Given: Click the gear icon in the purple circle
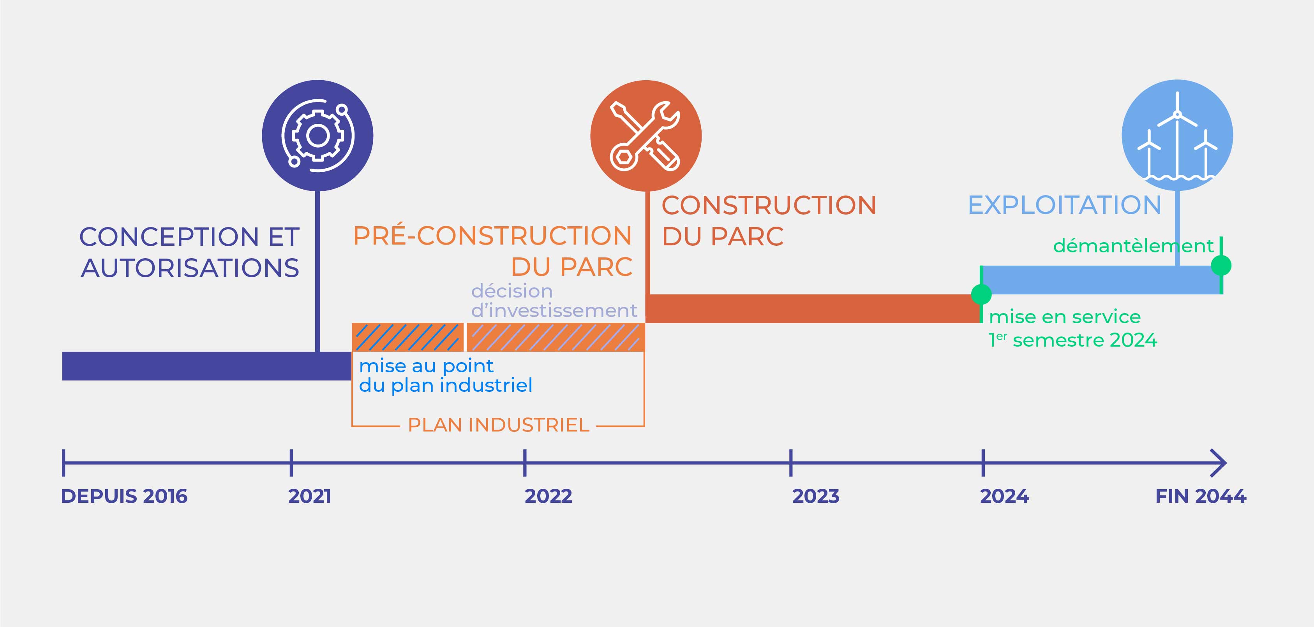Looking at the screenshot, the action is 317,136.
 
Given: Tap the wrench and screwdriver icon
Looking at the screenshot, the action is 645,136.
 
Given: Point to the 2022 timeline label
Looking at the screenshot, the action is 549,496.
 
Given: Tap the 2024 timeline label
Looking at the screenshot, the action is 1004,496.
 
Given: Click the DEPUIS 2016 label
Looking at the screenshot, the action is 124,496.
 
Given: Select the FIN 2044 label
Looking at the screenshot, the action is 1200,496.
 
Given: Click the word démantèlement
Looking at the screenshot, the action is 1133,246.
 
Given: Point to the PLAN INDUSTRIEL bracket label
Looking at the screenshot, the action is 498,424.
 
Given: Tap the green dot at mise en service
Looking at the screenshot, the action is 981,294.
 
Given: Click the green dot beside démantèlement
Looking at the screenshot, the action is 1221,265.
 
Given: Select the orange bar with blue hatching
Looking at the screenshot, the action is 407,337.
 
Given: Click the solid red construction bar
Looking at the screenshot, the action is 813,308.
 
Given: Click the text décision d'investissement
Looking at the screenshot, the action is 554,301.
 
